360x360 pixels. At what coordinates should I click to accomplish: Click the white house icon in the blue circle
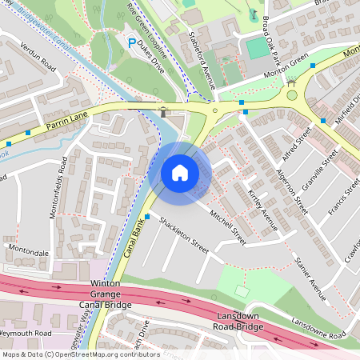click(180, 173)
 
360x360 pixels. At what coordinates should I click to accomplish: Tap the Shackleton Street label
click(183, 234)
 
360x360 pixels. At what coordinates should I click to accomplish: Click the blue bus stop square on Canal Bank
click(148, 216)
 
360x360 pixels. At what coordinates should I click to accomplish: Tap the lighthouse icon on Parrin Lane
click(164, 112)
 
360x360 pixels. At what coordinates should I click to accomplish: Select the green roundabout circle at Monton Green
click(292, 95)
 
